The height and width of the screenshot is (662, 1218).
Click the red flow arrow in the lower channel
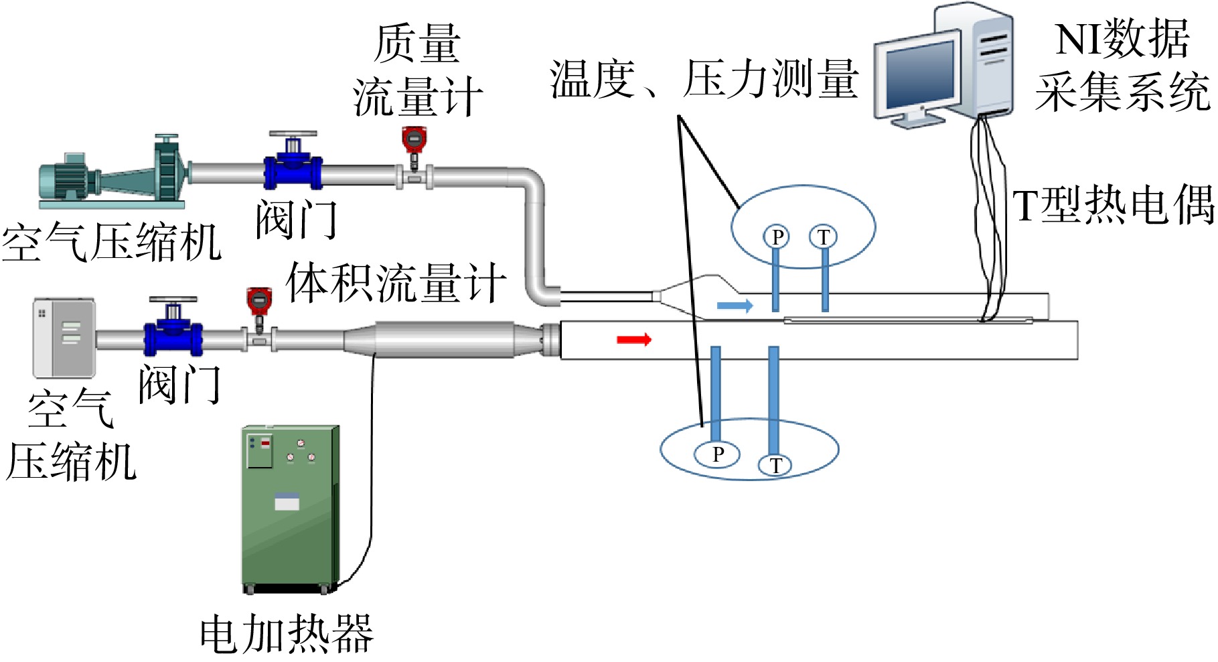click(634, 340)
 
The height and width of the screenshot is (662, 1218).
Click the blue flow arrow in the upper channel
click(735, 306)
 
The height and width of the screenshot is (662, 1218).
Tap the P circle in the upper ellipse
click(777, 237)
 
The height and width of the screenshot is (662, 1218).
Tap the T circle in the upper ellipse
click(824, 237)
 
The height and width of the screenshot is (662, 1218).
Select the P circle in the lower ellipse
click(717, 454)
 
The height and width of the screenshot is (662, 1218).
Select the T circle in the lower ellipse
click(775, 465)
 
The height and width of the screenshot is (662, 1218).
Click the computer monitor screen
click(919, 74)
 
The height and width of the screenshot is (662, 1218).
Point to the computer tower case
click(974, 60)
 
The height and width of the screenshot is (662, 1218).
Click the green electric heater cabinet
click(290, 509)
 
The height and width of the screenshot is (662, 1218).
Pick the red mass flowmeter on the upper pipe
click(414, 149)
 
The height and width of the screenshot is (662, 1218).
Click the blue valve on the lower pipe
click(173, 328)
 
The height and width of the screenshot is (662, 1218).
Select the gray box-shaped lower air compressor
click(64, 338)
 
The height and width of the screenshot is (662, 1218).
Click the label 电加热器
click(287, 635)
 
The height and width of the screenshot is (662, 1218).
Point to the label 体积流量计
click(396, 283)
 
